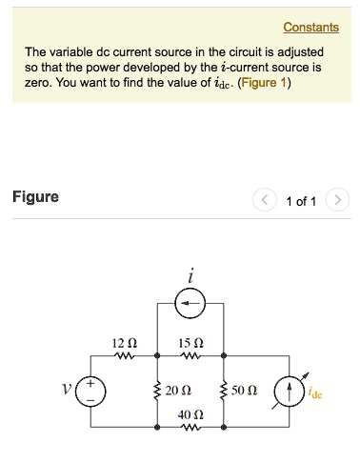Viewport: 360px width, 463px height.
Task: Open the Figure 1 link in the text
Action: click(x=265, y=83)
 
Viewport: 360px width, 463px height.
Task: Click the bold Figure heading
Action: click(x=35, y=197)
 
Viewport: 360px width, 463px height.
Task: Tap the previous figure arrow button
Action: click(x=264, y=200)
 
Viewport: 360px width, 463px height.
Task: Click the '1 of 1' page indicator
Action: click(x=300, y=201)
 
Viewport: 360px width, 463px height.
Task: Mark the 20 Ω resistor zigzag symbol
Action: click(x=157, y=391)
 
